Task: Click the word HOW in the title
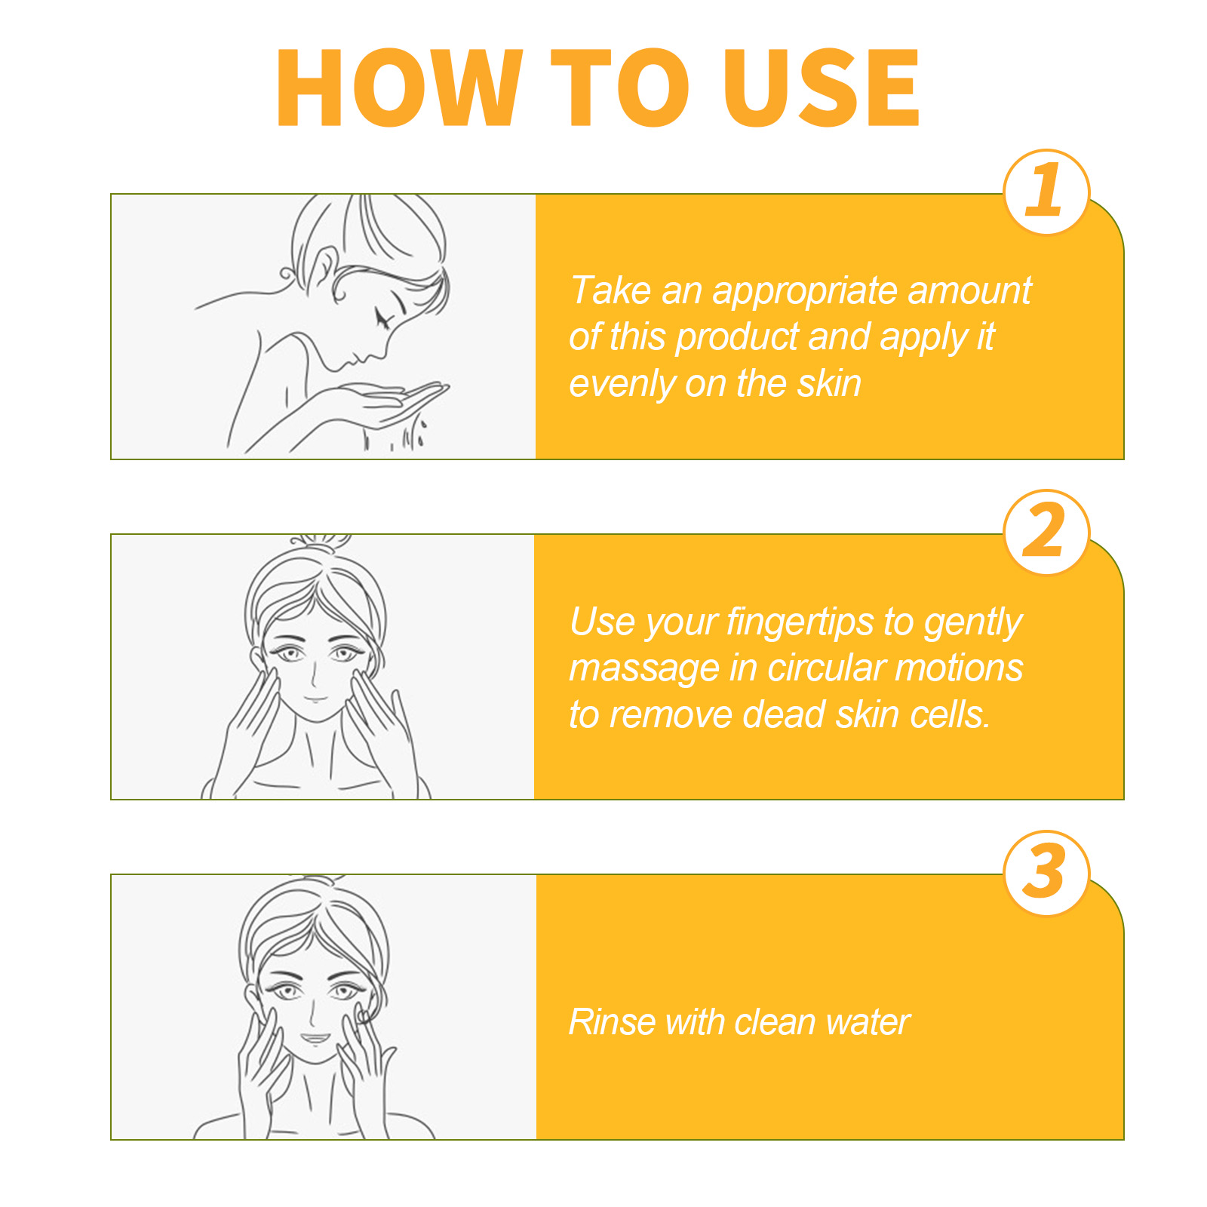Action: click(400, 88)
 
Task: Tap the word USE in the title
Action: click(822, 88)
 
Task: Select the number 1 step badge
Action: click(1046, 192)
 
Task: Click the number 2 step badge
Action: click(1046, 532)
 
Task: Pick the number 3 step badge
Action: click(1046, 873)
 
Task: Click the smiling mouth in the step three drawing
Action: click(316, 1038)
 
